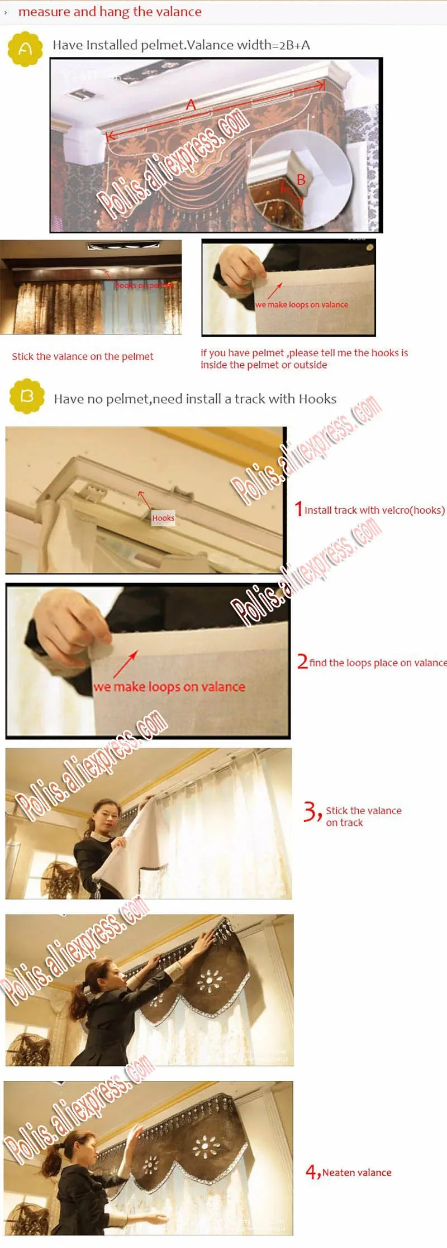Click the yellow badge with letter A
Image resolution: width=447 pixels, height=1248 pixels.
pos(25,49)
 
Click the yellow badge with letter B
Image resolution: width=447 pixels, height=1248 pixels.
pos(27,396)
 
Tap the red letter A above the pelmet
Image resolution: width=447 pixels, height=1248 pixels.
pos(191,105)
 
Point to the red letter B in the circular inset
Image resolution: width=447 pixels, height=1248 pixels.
pos(301,180)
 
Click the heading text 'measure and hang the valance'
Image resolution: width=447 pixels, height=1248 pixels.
pos(110,12)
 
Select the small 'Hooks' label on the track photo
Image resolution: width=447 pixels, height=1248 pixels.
pos(163,518)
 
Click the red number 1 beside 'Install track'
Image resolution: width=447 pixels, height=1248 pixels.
pos(299,509)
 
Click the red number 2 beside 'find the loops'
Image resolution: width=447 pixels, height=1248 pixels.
pos(302,662)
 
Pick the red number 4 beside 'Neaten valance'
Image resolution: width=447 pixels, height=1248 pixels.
pos(312,1172)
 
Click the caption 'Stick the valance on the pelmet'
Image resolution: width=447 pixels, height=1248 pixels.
pos(83,356)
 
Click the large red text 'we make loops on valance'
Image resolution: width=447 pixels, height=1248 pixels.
pos(169,687)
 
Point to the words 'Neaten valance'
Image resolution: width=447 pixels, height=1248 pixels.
pos(356,1173)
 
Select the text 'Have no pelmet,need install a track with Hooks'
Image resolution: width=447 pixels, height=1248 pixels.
pos(195,399)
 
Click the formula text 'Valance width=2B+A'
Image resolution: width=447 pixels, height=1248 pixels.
pos(248,45)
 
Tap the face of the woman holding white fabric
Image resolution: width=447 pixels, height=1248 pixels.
pos(107,814)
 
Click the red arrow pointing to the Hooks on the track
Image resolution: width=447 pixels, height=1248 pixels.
pos(144,498)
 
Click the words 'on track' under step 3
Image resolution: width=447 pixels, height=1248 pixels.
pos(344,823)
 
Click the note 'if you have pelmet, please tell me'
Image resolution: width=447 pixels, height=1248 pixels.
pos(304,358)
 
